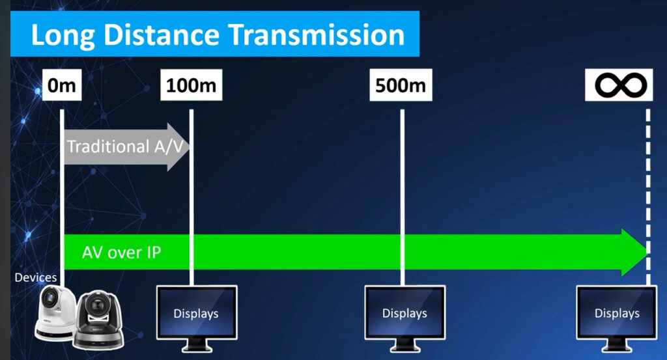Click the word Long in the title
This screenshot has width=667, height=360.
coord(63,36)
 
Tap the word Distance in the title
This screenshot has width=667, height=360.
coord(161,35)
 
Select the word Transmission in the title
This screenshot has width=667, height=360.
coord(317,35)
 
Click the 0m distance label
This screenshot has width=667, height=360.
coord(62,85)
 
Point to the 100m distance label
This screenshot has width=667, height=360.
coord(191,85)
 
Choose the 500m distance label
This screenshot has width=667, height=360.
coord(401,85)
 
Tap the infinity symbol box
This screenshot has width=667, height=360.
coord(619,85)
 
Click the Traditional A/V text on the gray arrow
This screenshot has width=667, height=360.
coord(126,146)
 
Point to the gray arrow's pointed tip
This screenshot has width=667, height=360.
coord(190,147)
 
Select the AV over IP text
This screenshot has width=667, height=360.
coord(121,253)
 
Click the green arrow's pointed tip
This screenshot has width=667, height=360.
coord(648,252)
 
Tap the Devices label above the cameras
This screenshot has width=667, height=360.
coord(36,277)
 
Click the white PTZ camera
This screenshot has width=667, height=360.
coord(55,312)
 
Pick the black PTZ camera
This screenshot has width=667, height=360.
coord(99,320)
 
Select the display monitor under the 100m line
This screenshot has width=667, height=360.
coord(197,318)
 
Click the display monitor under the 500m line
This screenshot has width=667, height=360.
coord(405,318)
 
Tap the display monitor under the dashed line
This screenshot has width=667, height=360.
coord(617,318)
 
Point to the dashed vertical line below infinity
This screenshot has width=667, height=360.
coord(648,197)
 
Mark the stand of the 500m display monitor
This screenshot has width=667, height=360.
coord(405,345)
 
